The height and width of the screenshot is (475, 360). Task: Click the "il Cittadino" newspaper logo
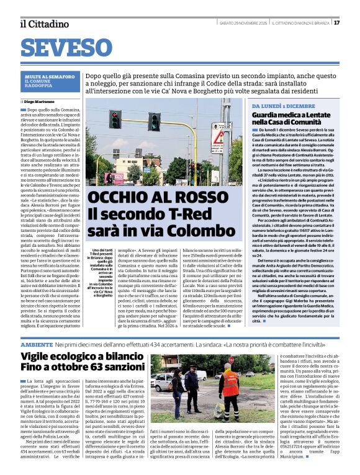(44, 24)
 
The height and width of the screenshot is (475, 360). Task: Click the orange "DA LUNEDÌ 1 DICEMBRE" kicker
(284, 107)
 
